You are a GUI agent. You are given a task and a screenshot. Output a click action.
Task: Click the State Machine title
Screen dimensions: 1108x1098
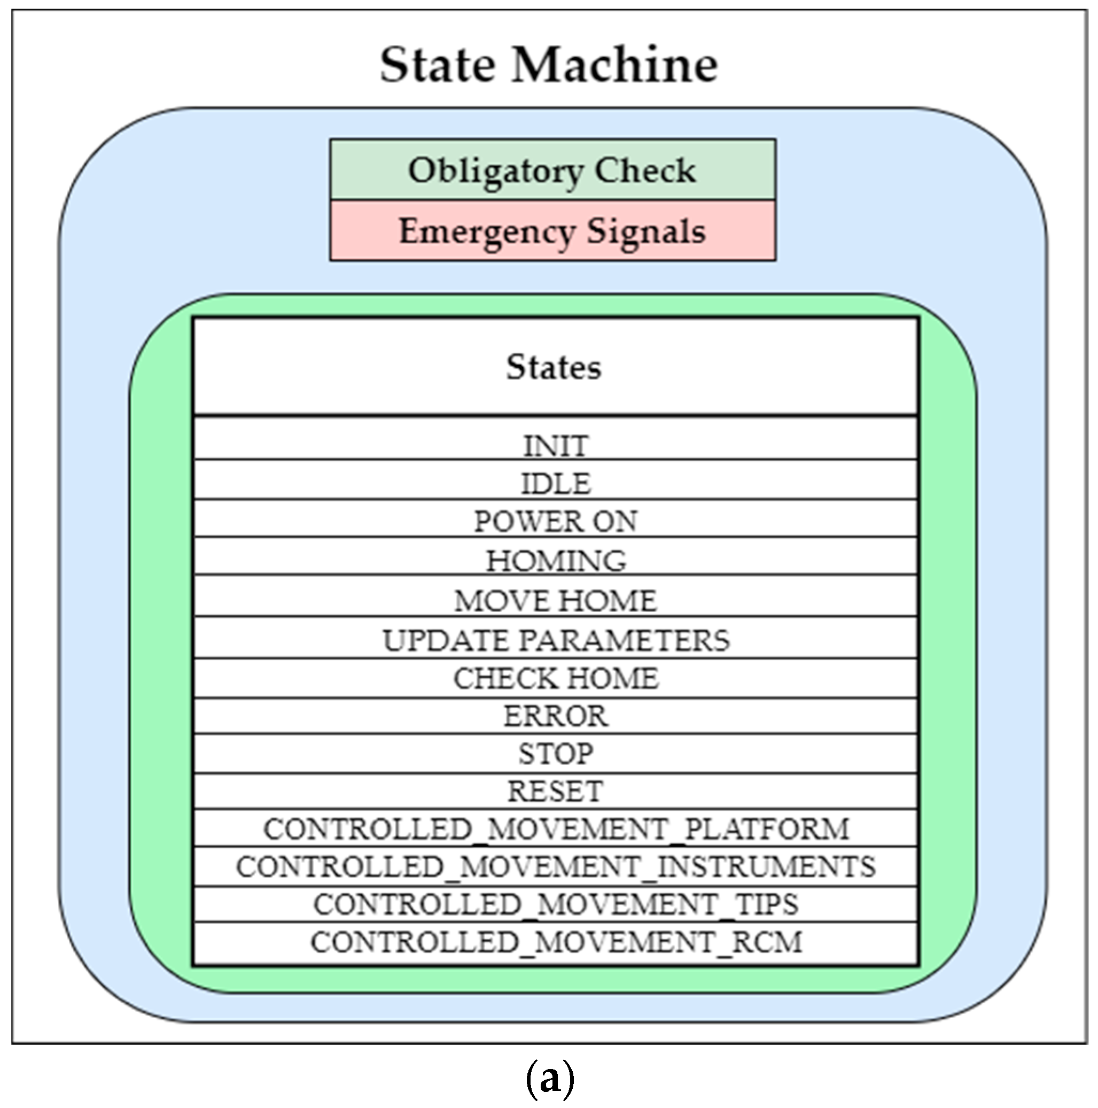pyautogui.click(x=549, y=65)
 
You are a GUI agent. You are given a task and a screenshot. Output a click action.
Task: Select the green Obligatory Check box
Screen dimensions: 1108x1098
pyautogui.click(x=552, y=171)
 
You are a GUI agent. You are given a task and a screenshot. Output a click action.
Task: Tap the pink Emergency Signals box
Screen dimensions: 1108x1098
pyautogui.click(x=552, y=231)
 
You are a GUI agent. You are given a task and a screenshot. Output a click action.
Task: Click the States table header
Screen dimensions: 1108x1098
pyautogui.click(x=555, y=367)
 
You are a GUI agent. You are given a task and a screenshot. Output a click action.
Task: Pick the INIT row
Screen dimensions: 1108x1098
pyautogui.click(x=556, y=445)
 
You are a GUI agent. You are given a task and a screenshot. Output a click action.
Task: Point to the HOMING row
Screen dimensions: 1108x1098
pyautogui.click(x=556, y=560)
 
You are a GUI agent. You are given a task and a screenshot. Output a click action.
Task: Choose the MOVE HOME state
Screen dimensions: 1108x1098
pyautogui.click(x=556, y=600)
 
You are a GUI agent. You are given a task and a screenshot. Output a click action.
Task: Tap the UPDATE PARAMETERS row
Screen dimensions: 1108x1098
pyautogui.click(x=556, y=639)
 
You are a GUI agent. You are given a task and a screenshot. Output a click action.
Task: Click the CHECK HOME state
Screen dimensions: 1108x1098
pyautogui.click(x=556, y=678)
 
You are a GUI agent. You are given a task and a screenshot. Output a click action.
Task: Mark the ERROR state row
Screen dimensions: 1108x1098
pyautogui.click(x=556, y=716)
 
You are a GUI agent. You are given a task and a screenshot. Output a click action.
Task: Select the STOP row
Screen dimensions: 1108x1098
pyautogui.click(x=556, y=753)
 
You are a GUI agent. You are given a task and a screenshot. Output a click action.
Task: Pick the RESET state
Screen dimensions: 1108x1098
pyautogui.click(x=556, y=791)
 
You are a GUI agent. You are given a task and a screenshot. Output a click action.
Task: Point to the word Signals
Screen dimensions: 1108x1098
pyautogui.click(x=645, y=231)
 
